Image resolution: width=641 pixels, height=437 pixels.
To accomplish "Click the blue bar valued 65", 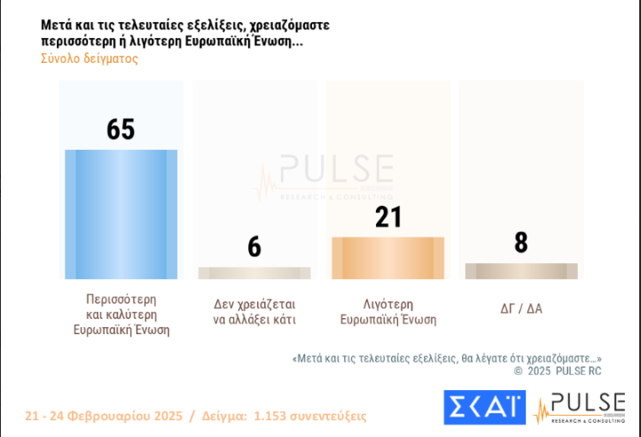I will point(121,215).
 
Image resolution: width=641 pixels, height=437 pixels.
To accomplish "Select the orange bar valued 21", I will point(387,258).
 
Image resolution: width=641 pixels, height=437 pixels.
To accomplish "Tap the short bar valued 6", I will point(254,273).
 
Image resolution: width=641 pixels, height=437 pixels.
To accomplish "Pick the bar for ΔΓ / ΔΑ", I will point(521,271).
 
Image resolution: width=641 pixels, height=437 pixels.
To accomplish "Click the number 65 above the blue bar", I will point(121,129).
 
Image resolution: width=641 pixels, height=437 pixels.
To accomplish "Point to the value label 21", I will point(388,217).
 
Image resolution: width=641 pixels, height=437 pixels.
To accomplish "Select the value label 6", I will point(254,246).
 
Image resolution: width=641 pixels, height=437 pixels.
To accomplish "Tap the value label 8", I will point(521,242).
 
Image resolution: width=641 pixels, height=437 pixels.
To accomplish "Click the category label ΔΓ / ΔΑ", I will point(521,308).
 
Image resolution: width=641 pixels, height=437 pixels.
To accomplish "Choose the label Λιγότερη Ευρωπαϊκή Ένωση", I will point(388,312).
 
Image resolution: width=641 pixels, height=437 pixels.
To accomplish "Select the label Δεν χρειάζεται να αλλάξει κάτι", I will point(254,312).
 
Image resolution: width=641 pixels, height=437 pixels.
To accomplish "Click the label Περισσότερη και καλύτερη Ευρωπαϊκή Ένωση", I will point(121,315).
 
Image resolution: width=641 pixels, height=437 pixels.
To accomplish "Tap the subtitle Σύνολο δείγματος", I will point(89,59).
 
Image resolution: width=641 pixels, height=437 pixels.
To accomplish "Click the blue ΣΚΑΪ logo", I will point(483,407).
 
